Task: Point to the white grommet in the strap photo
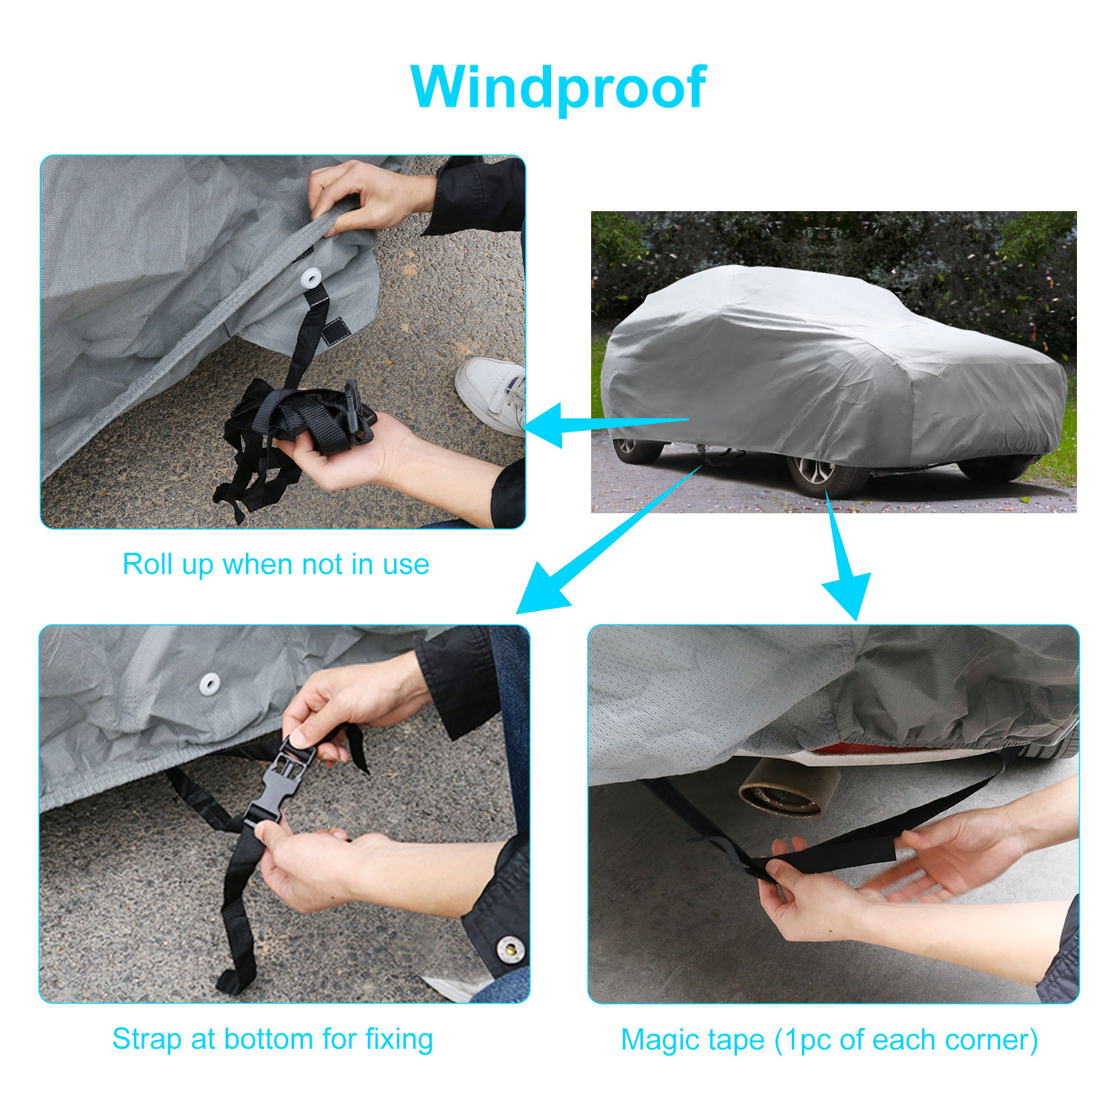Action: coord(210,684)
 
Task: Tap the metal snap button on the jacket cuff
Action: coord(509,949)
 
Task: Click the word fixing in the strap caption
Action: coord(398,1040)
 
